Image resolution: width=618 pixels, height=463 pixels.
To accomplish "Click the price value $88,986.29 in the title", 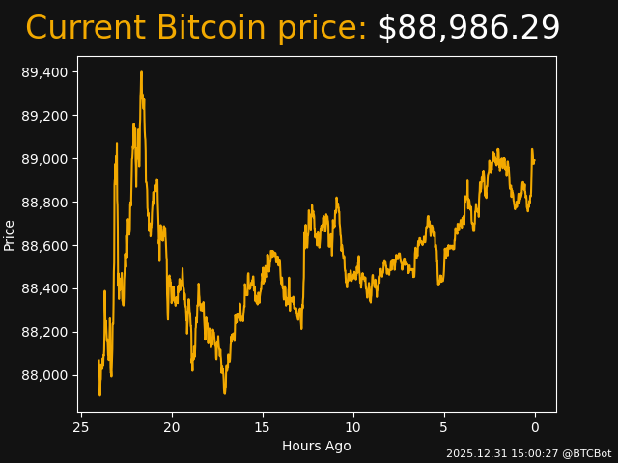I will click(x=468, y=28).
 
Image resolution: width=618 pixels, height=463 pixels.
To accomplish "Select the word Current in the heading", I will click(x=86, y=28).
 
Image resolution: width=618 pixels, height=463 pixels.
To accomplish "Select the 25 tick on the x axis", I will click(x=81, y=427).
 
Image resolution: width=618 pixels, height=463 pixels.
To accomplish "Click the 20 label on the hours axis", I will click(x=172, y=427).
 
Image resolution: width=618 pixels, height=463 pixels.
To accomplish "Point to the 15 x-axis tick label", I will click(x=263, y=427).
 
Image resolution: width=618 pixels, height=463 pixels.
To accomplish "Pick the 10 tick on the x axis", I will click(x=353, y=427).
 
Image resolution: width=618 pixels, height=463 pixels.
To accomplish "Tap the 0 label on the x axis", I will click(x=535, y=427).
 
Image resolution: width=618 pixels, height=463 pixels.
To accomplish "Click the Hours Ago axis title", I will click(x=317, y=446).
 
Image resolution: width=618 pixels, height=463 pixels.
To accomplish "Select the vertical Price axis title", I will click(x=10, y=234).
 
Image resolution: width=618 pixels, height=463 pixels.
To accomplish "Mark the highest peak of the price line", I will click(x=141, y=71).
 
